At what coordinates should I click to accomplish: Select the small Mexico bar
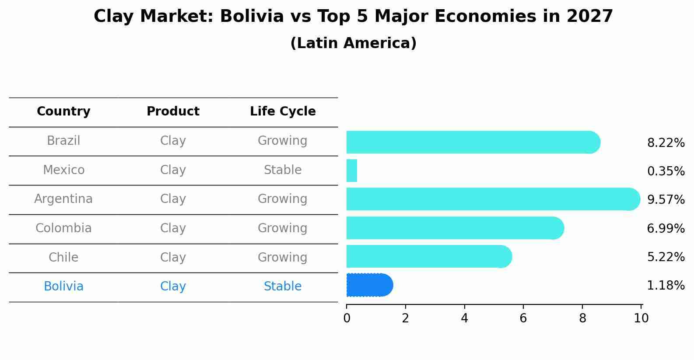(x=352, y=171)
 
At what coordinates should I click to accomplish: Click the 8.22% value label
(x=666, y=143)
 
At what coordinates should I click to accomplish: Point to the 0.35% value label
(x=666, y=171)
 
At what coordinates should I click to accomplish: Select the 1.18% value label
(x=666, y=286)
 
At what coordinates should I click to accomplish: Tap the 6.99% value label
(x=666, y=228)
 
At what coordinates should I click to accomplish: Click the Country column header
(x=63, y=112)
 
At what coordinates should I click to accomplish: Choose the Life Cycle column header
(x=283, y=112)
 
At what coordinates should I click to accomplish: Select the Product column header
(x=173, y=112)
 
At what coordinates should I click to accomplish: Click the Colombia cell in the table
(x=63, y=228)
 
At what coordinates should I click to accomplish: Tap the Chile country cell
(x=63, y=257)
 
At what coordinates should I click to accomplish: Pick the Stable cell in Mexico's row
(x=283, y=170)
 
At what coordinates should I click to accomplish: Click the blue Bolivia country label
(x=63, y=287)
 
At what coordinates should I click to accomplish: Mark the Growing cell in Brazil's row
(x=283, y=141)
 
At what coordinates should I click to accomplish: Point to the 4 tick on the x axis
(x=464, y=318)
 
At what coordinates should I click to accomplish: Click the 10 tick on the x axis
(x=641, y=318)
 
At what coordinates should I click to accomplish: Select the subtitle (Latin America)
(x=353, y=43)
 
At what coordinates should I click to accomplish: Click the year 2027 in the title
(x=589, y=17)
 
